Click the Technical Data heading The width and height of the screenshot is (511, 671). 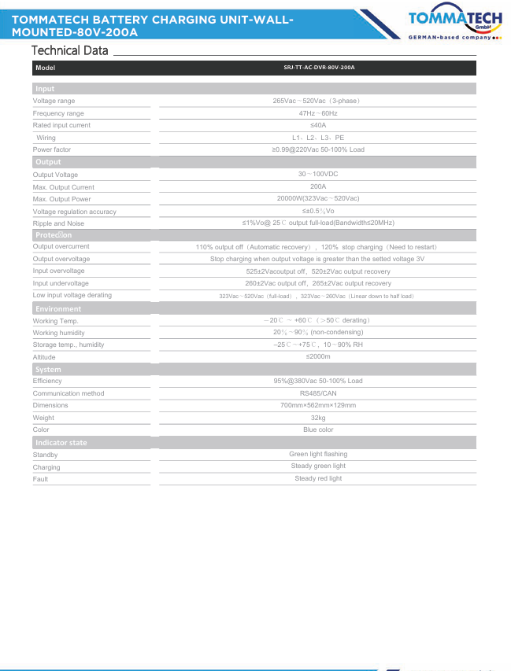(x=69, y=50)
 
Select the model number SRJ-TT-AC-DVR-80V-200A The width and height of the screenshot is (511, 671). (x=319, y=68)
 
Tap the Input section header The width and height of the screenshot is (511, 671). (x=45, y=89)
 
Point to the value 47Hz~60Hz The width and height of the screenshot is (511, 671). (x=318, y=113)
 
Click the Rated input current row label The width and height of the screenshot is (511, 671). (x=61, y=126)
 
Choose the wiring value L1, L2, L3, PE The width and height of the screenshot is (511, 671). (x=318, y=138)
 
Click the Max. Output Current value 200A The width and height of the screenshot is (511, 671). (x=318, y=187)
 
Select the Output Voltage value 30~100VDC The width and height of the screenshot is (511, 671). (x=318, y=175)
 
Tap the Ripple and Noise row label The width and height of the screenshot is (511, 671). (x=58, y=223)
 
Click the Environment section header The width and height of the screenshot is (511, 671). (x=57, y=309)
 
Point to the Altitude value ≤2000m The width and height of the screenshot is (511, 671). (x=318, y=356)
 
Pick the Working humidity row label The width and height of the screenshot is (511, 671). (x=58, y=333)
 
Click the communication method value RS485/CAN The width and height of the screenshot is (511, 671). (x=318, y=393)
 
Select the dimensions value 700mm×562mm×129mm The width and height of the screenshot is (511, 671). (x=318, y=405)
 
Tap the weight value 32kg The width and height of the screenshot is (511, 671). (x=318, y=418)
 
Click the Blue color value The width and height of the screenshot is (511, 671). (x=318, y=430)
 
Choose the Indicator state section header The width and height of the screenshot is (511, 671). (x=61, y=443)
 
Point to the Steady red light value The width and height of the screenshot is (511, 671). (x=318, y=478)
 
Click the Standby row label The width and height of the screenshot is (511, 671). (x=45, y=455)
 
